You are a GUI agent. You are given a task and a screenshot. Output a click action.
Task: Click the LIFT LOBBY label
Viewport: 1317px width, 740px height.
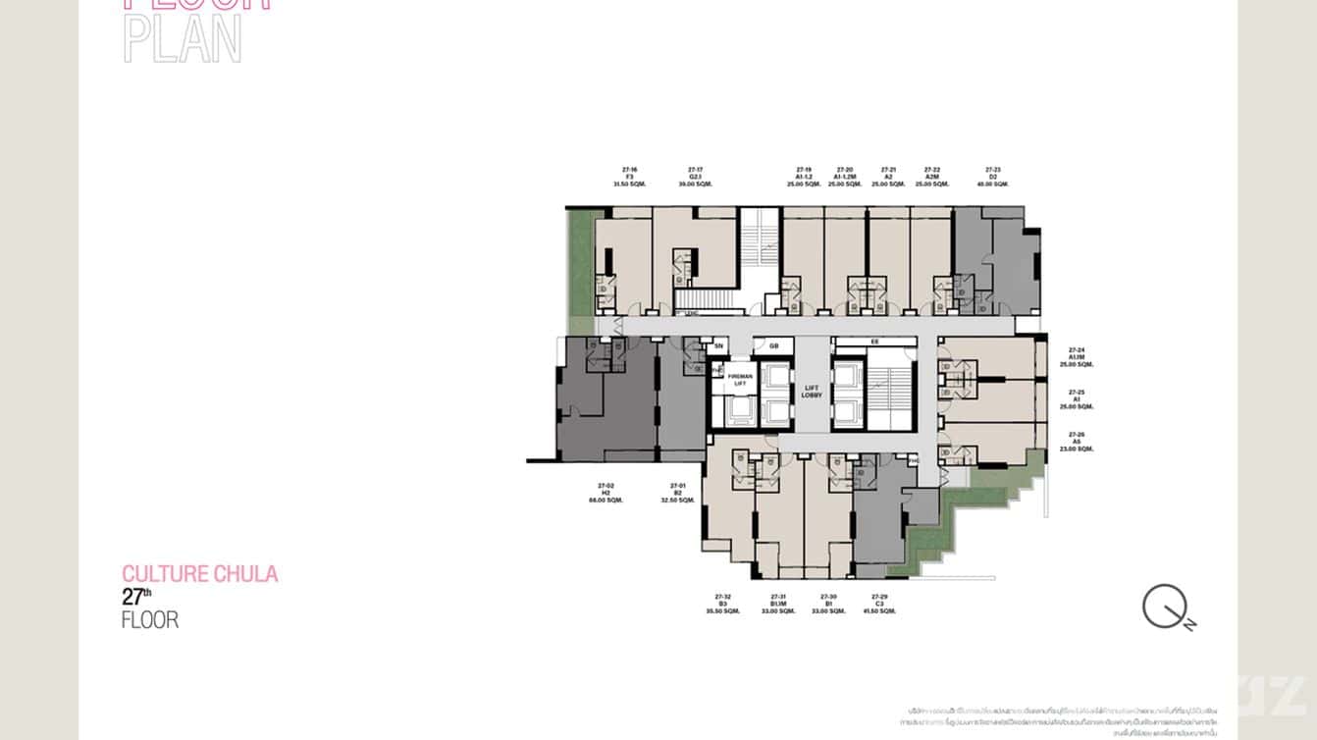click(811, 392)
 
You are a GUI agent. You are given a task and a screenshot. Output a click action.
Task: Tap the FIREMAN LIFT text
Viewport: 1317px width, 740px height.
click(740, 380)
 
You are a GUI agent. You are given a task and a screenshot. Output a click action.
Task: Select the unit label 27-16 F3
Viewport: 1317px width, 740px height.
click(629, 177)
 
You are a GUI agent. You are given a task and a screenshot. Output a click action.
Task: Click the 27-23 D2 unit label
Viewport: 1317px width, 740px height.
click(993, 177)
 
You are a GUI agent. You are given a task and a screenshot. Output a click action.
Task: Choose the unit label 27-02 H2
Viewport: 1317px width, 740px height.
click(606, 493)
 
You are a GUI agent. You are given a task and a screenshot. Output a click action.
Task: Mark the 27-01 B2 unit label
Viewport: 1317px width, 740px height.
click(677, 493)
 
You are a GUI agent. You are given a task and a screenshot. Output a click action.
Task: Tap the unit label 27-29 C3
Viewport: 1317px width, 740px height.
click(879, 604)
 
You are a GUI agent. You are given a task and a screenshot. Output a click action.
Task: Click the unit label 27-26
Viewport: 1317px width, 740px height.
click(1077, 441)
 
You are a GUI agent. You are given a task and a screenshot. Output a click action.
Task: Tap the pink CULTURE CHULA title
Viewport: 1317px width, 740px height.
click(200, 574)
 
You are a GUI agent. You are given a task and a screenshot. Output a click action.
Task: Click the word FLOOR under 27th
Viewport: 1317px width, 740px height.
click(150, 620)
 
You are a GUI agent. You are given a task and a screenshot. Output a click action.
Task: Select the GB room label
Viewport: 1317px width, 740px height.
click(774, 345)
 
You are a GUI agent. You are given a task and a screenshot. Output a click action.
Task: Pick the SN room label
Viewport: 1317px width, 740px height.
click(718, 345)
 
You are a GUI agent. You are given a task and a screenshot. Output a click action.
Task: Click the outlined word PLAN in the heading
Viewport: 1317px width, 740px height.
click(183, 41)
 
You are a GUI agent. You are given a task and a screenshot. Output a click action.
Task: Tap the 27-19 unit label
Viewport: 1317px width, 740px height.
click(804, 177)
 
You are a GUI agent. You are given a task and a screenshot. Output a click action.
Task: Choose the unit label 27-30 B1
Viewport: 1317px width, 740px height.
click(828, 604)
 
